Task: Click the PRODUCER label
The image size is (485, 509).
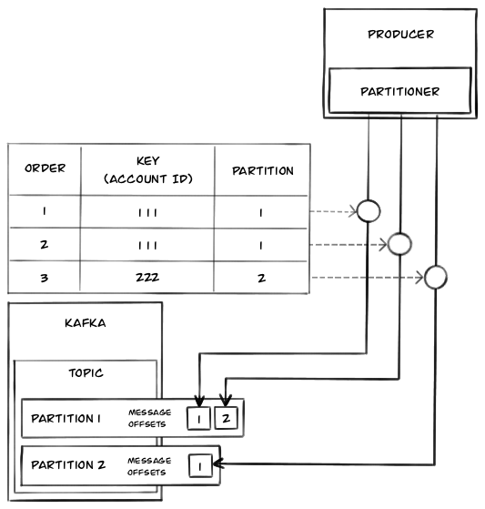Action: coord(400,34)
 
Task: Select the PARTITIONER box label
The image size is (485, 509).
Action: coord(399,92)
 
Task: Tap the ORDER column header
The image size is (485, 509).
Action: coord(45,168)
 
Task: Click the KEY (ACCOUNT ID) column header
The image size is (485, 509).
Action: coord(148,169)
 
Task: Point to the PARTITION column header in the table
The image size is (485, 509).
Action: coord(263,171)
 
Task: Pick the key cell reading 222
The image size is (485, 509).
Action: coord(147,277)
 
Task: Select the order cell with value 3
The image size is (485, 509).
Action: coord(44,278)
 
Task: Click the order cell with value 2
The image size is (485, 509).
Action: coord(44,244)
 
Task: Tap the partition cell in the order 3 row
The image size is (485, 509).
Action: coord(261,278)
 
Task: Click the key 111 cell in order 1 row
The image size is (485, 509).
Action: coord(147,213)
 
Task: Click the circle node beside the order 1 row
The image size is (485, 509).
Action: coord(369,211)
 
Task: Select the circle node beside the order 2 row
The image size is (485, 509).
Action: coord(400,244)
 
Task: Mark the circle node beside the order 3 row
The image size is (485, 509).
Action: coord(436,277)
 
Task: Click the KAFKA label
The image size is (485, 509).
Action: coord(85,323)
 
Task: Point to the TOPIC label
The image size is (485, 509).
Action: coord(86,372)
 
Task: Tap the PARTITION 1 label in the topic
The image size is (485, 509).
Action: coord(66,419)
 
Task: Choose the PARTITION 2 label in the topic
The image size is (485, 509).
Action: coord(68,465)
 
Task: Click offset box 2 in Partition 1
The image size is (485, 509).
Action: coord(226,418)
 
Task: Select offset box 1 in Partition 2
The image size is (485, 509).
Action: coord(200,466)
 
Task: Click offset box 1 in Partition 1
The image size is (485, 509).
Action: coord(198,419)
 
